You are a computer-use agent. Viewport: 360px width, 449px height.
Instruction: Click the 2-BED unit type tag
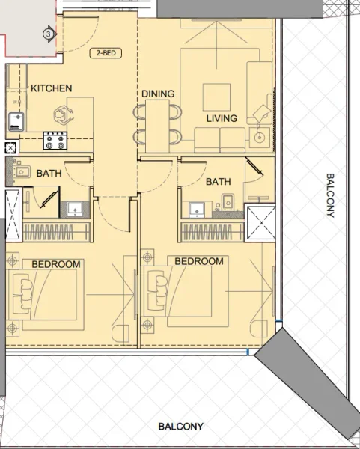tap(104, 53)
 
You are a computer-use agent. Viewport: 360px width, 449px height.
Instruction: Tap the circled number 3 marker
tap(49, 34)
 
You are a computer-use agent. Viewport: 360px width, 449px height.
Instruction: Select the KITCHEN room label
tap(51, 88)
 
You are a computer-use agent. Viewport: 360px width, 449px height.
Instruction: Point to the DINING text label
tap(157, 94)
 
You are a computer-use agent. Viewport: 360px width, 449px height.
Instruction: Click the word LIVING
tap(222, 118)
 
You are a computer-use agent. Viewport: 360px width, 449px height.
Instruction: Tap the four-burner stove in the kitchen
tap(55, 140)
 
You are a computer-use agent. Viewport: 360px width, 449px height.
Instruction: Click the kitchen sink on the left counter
tap(13, 120)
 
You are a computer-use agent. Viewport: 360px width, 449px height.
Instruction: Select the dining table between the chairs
tap(157, 124)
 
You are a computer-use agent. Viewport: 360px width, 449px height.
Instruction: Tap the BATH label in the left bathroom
tap(49, 173)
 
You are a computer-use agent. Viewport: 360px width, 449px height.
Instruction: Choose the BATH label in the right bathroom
tap(218, 182)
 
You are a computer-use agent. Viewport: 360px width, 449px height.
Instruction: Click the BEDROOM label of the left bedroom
tap(56, 264)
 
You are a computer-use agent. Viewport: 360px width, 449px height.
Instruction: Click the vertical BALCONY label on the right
tap(330, 195)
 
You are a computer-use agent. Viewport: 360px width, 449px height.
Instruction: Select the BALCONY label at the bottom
tap(180, 427)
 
